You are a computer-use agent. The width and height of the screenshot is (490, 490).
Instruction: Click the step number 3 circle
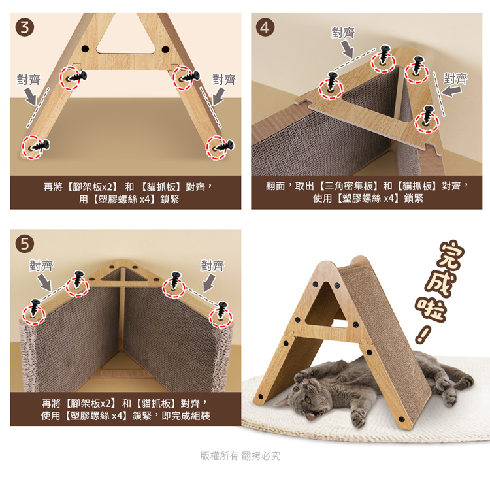point(25,27)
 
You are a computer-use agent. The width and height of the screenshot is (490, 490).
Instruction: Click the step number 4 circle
point(265,27)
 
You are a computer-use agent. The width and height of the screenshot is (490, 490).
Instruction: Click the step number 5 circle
point(25,244)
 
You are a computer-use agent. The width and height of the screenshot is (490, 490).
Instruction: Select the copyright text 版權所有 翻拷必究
point(240,456)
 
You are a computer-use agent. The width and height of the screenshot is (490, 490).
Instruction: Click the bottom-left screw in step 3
point(40,146)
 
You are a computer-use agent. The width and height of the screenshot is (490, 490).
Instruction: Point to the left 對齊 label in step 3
point(29,80)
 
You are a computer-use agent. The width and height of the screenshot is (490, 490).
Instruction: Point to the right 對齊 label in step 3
point(224,79)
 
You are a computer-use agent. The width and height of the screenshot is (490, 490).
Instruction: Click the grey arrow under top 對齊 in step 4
point(347,49)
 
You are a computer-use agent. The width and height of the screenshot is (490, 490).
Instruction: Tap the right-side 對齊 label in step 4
point(455,78)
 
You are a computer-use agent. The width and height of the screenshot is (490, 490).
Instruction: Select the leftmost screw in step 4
point(332,82)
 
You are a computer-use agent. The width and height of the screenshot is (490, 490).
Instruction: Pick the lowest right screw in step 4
point(427,115)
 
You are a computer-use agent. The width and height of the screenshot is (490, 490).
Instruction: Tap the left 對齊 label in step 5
point(41,266)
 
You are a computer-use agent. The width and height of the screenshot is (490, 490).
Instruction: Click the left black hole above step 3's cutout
point(85,49)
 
